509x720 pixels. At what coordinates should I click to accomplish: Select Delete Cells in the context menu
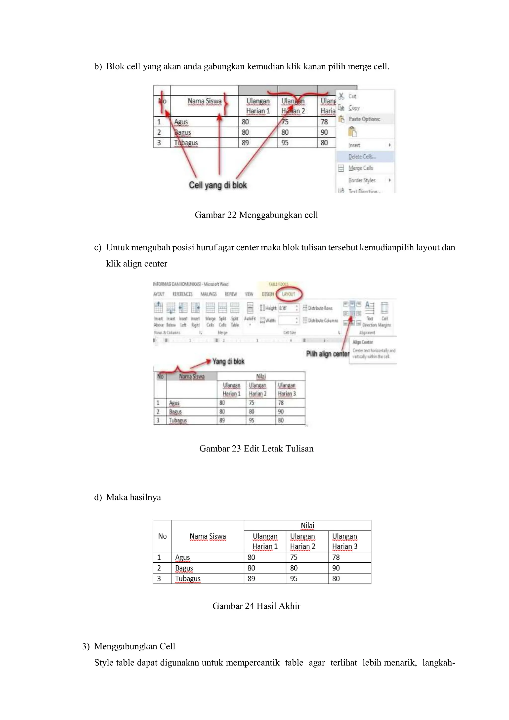click(362, 156)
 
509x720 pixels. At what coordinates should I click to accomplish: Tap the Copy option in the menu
click(354, 108)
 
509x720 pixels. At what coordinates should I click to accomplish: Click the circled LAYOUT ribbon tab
click(288, 294)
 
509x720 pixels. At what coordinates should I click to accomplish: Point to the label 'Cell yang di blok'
click(218, 185)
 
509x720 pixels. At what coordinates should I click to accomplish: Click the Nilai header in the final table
click(307, 525)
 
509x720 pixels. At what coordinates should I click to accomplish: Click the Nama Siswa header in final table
click(208, 536)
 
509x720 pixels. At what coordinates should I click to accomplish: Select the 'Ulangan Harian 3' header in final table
click(344, 541)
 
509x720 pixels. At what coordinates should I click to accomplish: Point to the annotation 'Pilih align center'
click(328, 354)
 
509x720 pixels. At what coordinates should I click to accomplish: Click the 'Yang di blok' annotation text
click(228, 361)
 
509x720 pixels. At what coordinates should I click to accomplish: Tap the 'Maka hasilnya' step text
click(133, 497)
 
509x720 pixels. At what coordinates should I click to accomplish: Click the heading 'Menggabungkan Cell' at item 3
click(134, 646)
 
